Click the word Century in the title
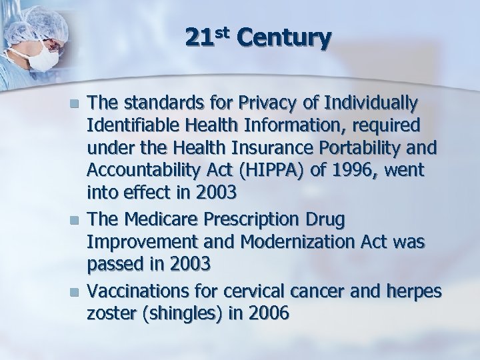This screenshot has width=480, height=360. (283, 39)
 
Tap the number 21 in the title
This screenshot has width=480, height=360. (199, 39)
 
